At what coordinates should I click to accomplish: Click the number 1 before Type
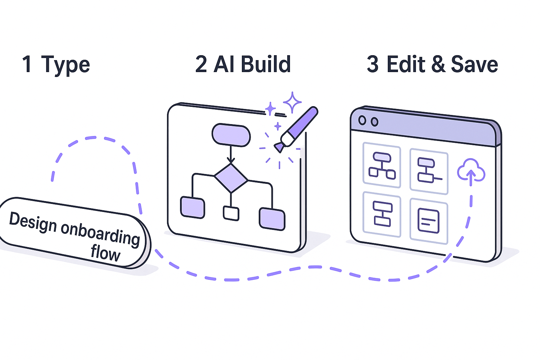pos(27,64)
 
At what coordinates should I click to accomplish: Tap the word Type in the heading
pos(66,65)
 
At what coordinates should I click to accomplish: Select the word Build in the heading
pos(266,64)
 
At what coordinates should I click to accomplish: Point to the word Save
pos(474,64)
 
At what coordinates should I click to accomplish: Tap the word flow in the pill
pos(105,253)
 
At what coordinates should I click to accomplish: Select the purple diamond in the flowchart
pos(231,178)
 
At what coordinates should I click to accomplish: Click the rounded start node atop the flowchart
pos(231,135)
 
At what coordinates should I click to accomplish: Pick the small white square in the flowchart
pos(231,213)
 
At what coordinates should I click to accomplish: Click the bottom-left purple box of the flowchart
pos(193,207)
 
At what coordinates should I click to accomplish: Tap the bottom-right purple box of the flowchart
pos(272,219)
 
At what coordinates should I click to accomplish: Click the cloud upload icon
pos(471,171)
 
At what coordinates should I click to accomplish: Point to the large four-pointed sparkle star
pos(292,102)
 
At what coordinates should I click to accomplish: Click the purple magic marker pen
pos(297,128)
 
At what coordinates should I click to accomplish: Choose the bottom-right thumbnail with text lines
pos(429,221)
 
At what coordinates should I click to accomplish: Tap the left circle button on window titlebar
pos(362,120)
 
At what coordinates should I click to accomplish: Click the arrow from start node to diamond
pos(231,155)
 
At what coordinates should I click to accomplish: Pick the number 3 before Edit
pos(373,64)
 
